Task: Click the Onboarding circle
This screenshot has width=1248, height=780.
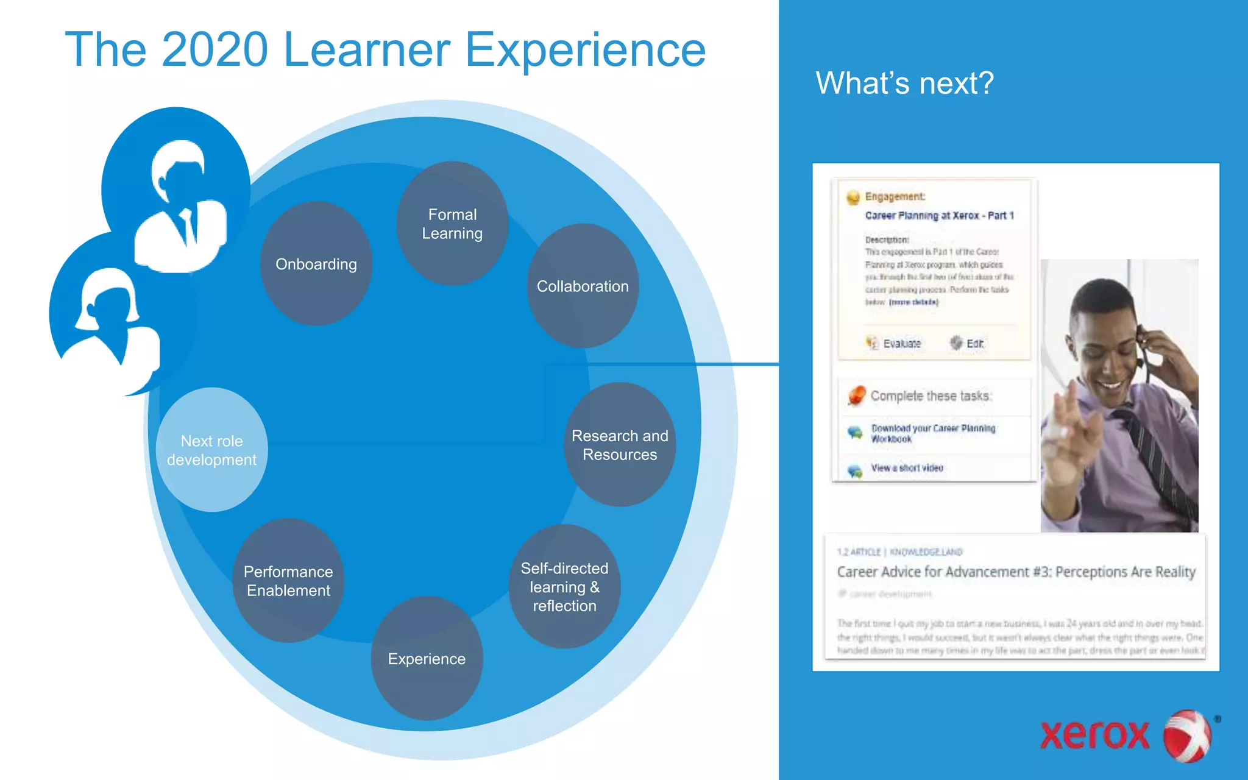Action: pos(316,264)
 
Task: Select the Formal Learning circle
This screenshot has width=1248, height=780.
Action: pos(452,224)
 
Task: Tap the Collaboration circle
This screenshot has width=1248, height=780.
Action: pos(583,286)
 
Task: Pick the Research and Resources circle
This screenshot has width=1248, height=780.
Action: pos(620,445)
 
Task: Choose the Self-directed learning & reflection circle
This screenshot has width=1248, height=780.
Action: pos(564,587)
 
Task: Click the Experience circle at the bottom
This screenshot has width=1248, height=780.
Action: pos(427,659)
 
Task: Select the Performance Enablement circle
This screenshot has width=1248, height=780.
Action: pos(288,581)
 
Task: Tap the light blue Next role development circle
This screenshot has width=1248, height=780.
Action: pos(211,450)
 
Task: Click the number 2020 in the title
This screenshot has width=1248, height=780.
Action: pos(215,50)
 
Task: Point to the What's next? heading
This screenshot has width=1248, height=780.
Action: pos(904,83)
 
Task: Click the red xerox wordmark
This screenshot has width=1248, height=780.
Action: pos(1094,735)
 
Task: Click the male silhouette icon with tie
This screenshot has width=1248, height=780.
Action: pos(180,207)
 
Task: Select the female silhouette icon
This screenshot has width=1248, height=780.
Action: pos(116,323)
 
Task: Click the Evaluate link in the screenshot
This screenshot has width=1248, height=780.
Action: pos(901,344)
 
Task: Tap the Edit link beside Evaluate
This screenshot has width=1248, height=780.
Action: pos(974,344)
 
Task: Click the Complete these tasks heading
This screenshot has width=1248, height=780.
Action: pos(931,396)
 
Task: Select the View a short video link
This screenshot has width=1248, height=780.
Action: pos(907,468)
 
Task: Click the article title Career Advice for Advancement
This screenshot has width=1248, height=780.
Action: pos(1016,572)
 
